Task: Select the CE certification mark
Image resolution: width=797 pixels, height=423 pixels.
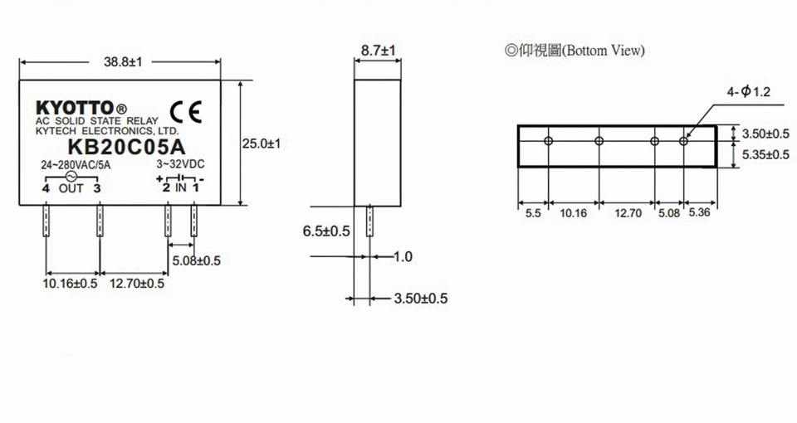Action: coord(184,112)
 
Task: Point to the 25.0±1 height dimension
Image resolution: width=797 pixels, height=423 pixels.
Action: coord(263,143)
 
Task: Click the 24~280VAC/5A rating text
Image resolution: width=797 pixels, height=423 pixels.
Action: coord(76,164)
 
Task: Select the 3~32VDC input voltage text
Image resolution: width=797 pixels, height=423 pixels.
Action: coord(180,164)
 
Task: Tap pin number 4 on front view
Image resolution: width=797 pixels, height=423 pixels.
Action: coord(46,187)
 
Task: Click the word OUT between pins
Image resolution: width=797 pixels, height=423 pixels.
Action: coord(71,187)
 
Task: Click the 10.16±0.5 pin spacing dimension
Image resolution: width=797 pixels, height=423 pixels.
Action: coord(70,284)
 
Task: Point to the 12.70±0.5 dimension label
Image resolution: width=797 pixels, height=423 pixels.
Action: coord(137,284)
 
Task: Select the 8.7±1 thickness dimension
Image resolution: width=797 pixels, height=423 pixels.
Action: coord(378,51)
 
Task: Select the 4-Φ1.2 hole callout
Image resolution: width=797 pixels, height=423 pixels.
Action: coord(749,91)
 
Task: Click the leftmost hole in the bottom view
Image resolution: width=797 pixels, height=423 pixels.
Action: coord(548,141)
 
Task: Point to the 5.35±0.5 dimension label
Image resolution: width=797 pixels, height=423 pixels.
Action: coord(765,154)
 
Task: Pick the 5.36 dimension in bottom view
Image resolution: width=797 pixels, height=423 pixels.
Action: coord(700,213)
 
